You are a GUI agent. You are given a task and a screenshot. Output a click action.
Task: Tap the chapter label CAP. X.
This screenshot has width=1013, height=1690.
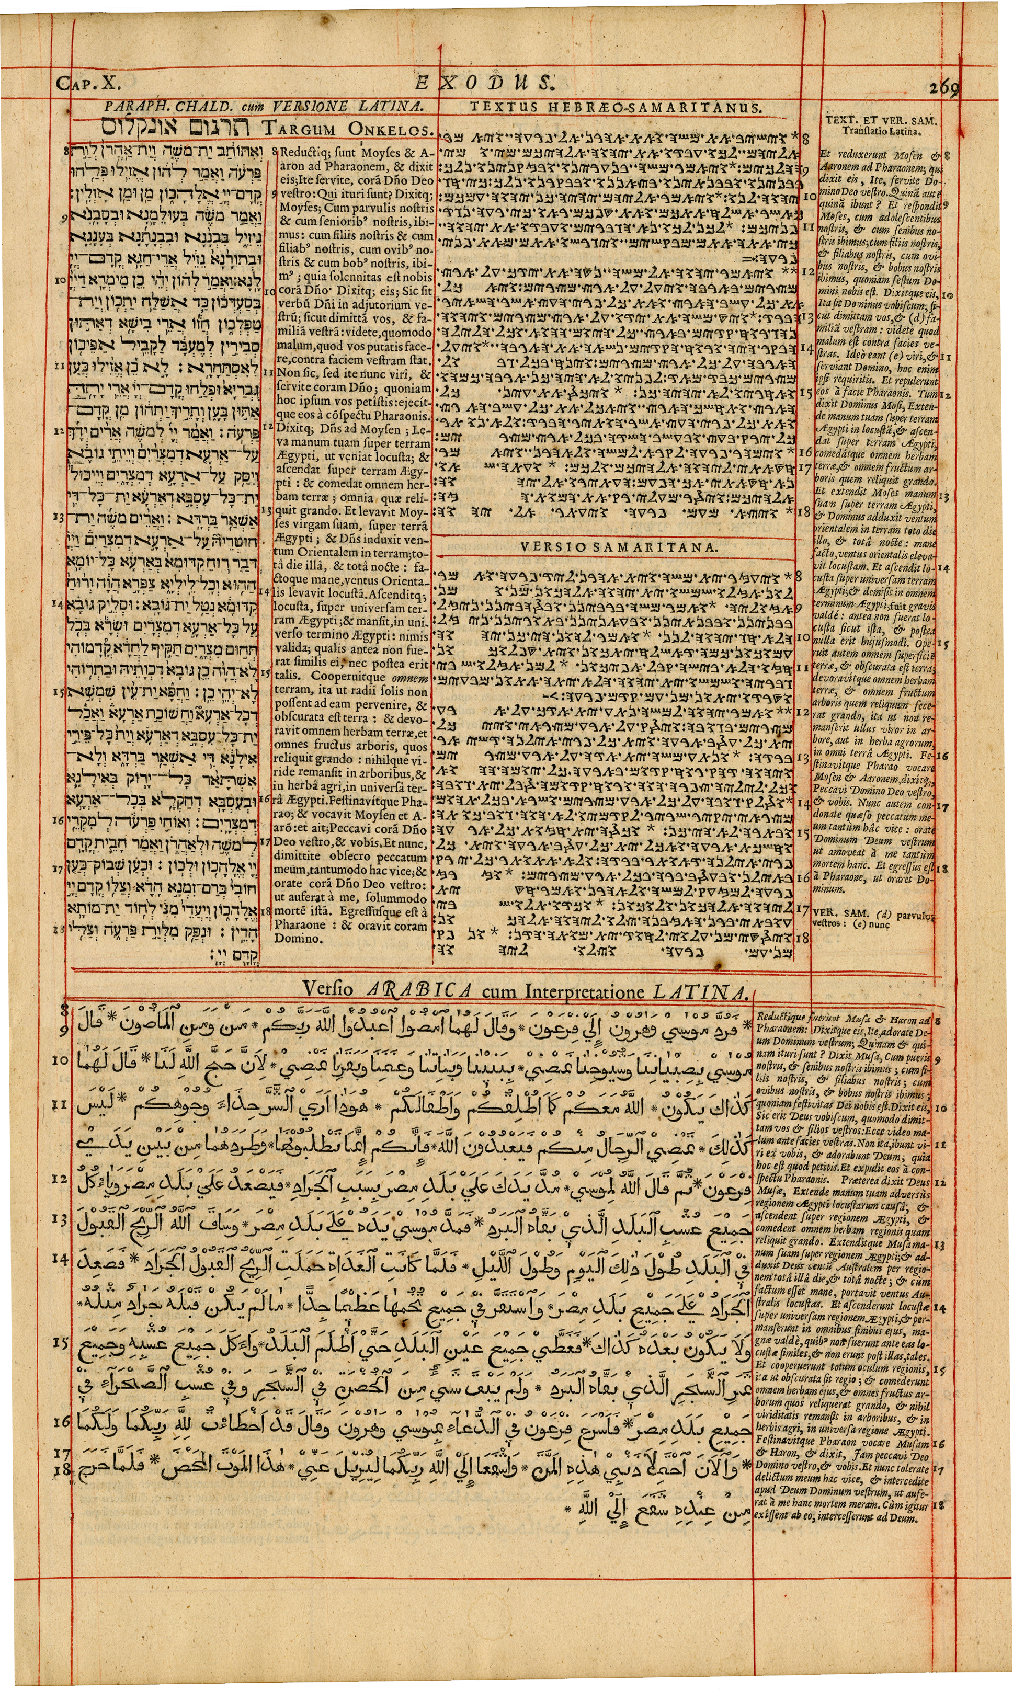click(x=89, y=84)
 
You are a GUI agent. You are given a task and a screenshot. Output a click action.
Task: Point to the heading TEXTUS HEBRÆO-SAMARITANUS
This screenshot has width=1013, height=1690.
click(x=616, y=107)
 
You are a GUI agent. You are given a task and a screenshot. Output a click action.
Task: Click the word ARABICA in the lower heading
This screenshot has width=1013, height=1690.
click(x=418, y=990)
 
